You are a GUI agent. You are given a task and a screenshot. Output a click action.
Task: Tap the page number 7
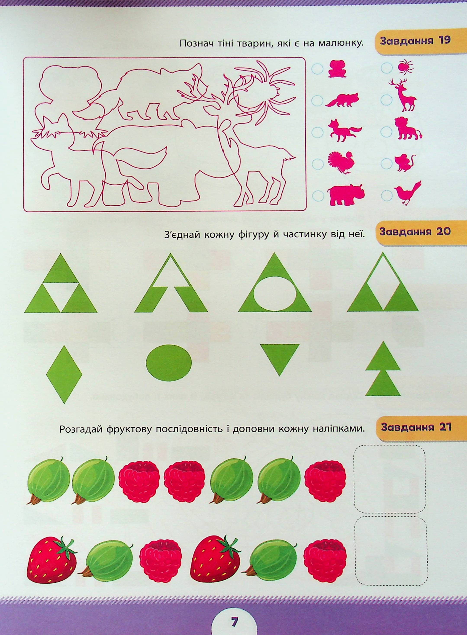pyautogui.click(x=233, y=621)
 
